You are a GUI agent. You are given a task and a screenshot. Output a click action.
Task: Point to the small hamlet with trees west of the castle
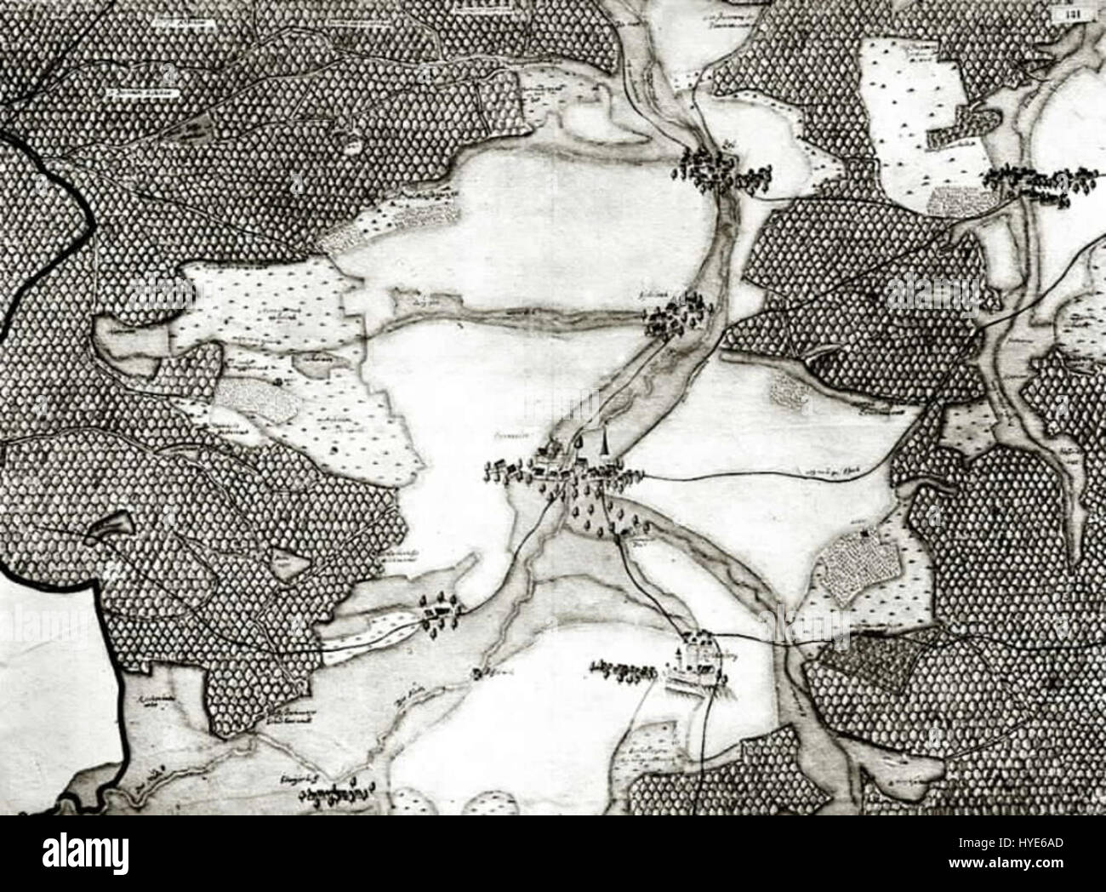(x=437, y=611)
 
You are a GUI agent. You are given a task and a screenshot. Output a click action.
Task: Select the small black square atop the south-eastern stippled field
(x=864, y=534)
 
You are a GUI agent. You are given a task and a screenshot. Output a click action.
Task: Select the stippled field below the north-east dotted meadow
(x=957, y=200)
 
